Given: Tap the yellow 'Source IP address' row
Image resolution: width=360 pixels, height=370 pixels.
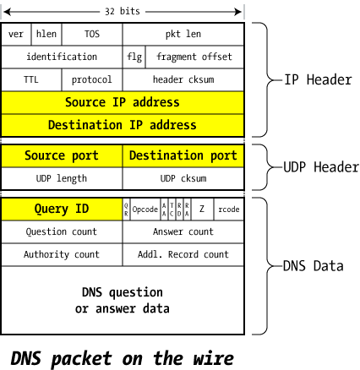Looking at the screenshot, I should point(123,104).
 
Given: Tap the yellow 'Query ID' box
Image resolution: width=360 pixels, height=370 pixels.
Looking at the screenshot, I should point(61,207).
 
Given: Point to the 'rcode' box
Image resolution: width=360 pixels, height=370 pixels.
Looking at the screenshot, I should point(230,208).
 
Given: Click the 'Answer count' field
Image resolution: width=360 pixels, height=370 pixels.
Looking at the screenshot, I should point(183,230).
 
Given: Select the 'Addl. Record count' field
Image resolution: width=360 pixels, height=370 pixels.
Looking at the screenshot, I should point(183,253).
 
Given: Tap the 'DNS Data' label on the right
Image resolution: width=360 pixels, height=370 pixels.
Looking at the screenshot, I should point(312,265).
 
